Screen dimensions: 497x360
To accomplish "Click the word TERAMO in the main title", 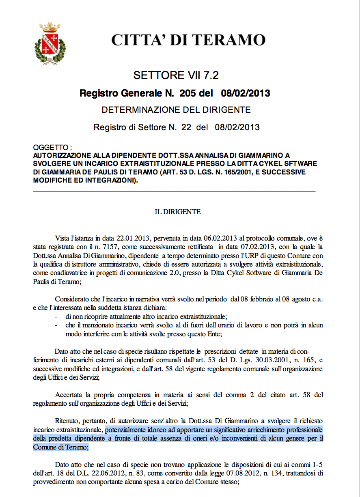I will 228,40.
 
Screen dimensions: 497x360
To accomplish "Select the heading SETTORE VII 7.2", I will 176,75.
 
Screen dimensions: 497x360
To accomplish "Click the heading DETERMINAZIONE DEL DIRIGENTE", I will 176,110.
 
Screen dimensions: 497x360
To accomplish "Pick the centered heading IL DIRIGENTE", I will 178,212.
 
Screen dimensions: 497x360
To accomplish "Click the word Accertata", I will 68,395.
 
